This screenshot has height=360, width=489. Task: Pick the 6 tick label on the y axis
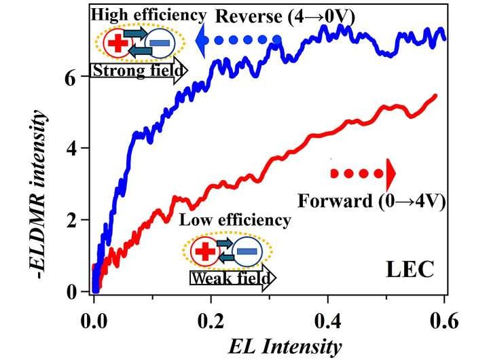point(70,78)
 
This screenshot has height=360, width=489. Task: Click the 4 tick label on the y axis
point(70,149)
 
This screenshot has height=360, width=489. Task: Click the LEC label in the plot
point(410,269)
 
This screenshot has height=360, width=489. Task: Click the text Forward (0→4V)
point(371,200)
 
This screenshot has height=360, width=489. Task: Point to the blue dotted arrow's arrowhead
point(202,41)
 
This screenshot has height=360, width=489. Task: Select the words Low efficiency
point(234,221)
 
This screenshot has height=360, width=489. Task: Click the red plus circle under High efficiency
point(117,44)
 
